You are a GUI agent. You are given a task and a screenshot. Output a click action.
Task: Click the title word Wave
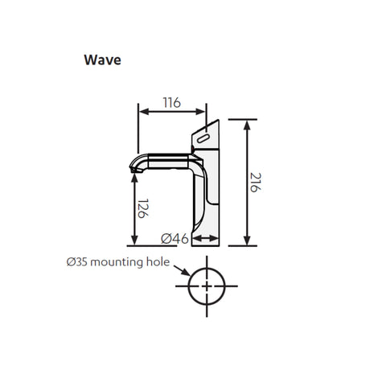coord(102,60)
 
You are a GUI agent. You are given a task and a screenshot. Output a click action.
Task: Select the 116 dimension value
coord(172,103)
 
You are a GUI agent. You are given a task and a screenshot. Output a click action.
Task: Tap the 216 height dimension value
coord(255,183)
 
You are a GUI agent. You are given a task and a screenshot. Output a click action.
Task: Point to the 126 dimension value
coord(143,208)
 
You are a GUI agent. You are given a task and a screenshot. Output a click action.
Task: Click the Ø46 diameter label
coord(175,238)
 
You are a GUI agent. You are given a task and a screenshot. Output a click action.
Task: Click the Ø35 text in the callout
coord(77,262)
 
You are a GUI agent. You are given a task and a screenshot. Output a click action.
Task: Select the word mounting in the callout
coord(117,262)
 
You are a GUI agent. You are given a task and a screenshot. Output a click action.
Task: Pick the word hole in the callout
coord(158,261)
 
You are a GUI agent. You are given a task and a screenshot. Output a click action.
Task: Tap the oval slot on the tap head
coord(203,139)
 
